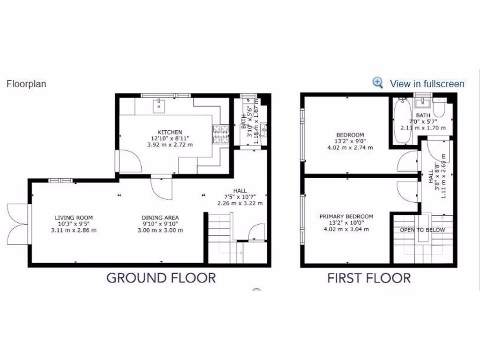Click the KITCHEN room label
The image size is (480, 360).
[170, 132]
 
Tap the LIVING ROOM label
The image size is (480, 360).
[74, 217]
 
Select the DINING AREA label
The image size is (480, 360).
[160, 217]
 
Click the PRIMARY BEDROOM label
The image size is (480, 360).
[346, 216]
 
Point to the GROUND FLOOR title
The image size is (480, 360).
[161, 277]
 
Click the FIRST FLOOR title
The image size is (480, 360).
[369, 278]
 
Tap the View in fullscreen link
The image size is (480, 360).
[427, 84]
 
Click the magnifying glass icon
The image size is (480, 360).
[378, 82]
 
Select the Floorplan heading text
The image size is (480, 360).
[26, 84]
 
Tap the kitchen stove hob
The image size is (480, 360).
[221, 135]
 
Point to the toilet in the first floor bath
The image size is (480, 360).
[439, 109]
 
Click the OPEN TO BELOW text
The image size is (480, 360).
[422, 230]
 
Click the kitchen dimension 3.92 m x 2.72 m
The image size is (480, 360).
[170, 145]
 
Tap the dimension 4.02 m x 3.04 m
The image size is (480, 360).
[346, 229]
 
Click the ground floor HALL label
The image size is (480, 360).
[240, 190]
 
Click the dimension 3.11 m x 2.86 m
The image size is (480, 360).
[74, 230]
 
